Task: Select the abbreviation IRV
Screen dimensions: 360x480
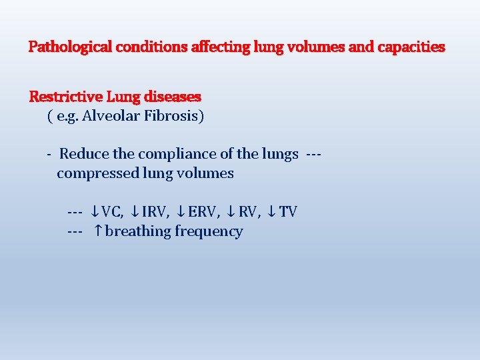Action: pos(154,212)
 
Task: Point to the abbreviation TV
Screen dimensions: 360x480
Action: pos(288,212)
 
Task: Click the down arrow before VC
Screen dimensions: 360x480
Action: pos(95,212)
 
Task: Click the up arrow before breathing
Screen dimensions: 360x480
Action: pos(97,231)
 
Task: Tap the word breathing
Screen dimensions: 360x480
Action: pos(138,231)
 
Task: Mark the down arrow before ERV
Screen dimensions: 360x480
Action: pos(181,212)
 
